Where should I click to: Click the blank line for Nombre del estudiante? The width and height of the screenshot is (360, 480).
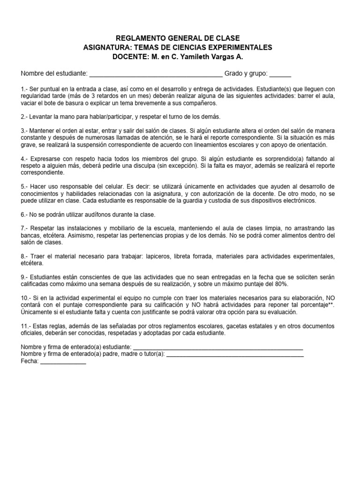pyautogui.click(x=156, y=74)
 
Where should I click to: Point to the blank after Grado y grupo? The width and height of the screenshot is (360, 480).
pyautogui.click(x=280, y=74)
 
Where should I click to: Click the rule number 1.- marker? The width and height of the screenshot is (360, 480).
pyautogui.click(x=24, y=89)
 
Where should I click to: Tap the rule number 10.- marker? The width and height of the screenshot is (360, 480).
pyautogui.click(x=26, y=298)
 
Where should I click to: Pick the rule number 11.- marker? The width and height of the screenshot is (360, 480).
pyautogui.click(x=26, y=326)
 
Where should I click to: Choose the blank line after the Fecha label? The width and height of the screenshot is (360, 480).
pyautogui.click(x=63, y=362)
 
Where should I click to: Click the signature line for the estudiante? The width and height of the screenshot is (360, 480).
pyautogui.click(x=218, y=348)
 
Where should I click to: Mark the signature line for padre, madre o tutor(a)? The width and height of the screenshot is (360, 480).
pyautogui.click(x=235, y=355)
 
